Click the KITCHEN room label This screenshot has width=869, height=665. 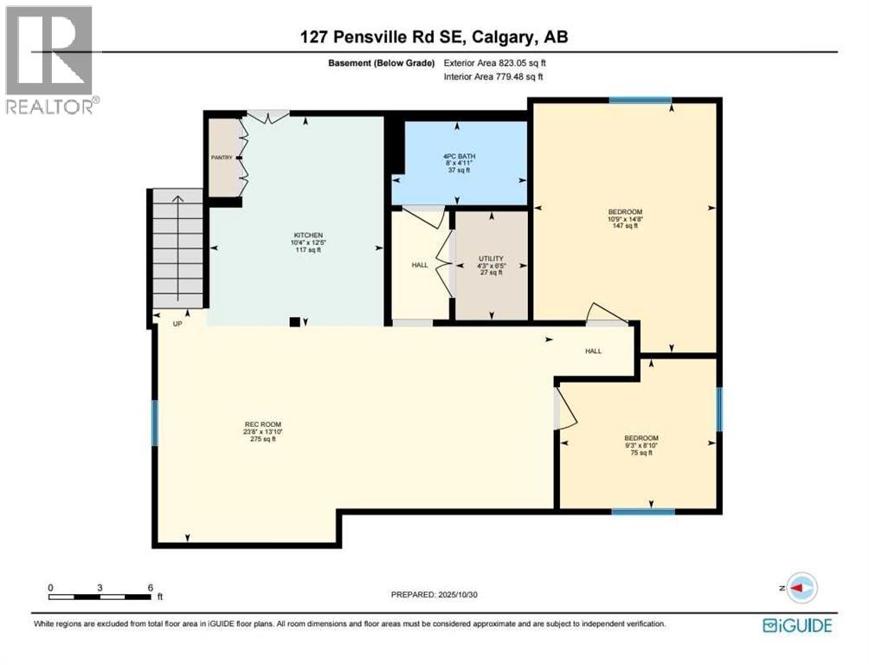tap(307, 236)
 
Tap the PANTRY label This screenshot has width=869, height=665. tap(222, 158)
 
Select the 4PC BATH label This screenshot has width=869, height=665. tap(459, 157)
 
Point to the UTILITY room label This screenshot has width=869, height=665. tap(491, 259)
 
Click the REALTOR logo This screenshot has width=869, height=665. tap(49, 61)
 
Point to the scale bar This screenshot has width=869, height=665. tap(101, 596)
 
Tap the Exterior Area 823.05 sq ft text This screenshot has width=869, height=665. tap(495, 62)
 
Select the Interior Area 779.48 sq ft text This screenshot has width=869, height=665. tap(495, 78)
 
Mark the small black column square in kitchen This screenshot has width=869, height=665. tap(295, 322)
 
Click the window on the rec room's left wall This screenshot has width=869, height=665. tap(156, 423)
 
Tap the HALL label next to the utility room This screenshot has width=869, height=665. tap(420, 265)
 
